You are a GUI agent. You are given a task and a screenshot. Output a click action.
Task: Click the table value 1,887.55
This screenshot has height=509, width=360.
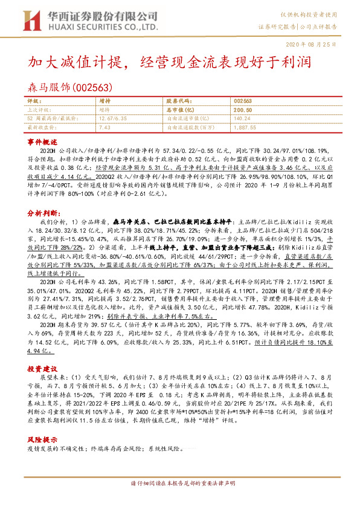click(x=245, y=128)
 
